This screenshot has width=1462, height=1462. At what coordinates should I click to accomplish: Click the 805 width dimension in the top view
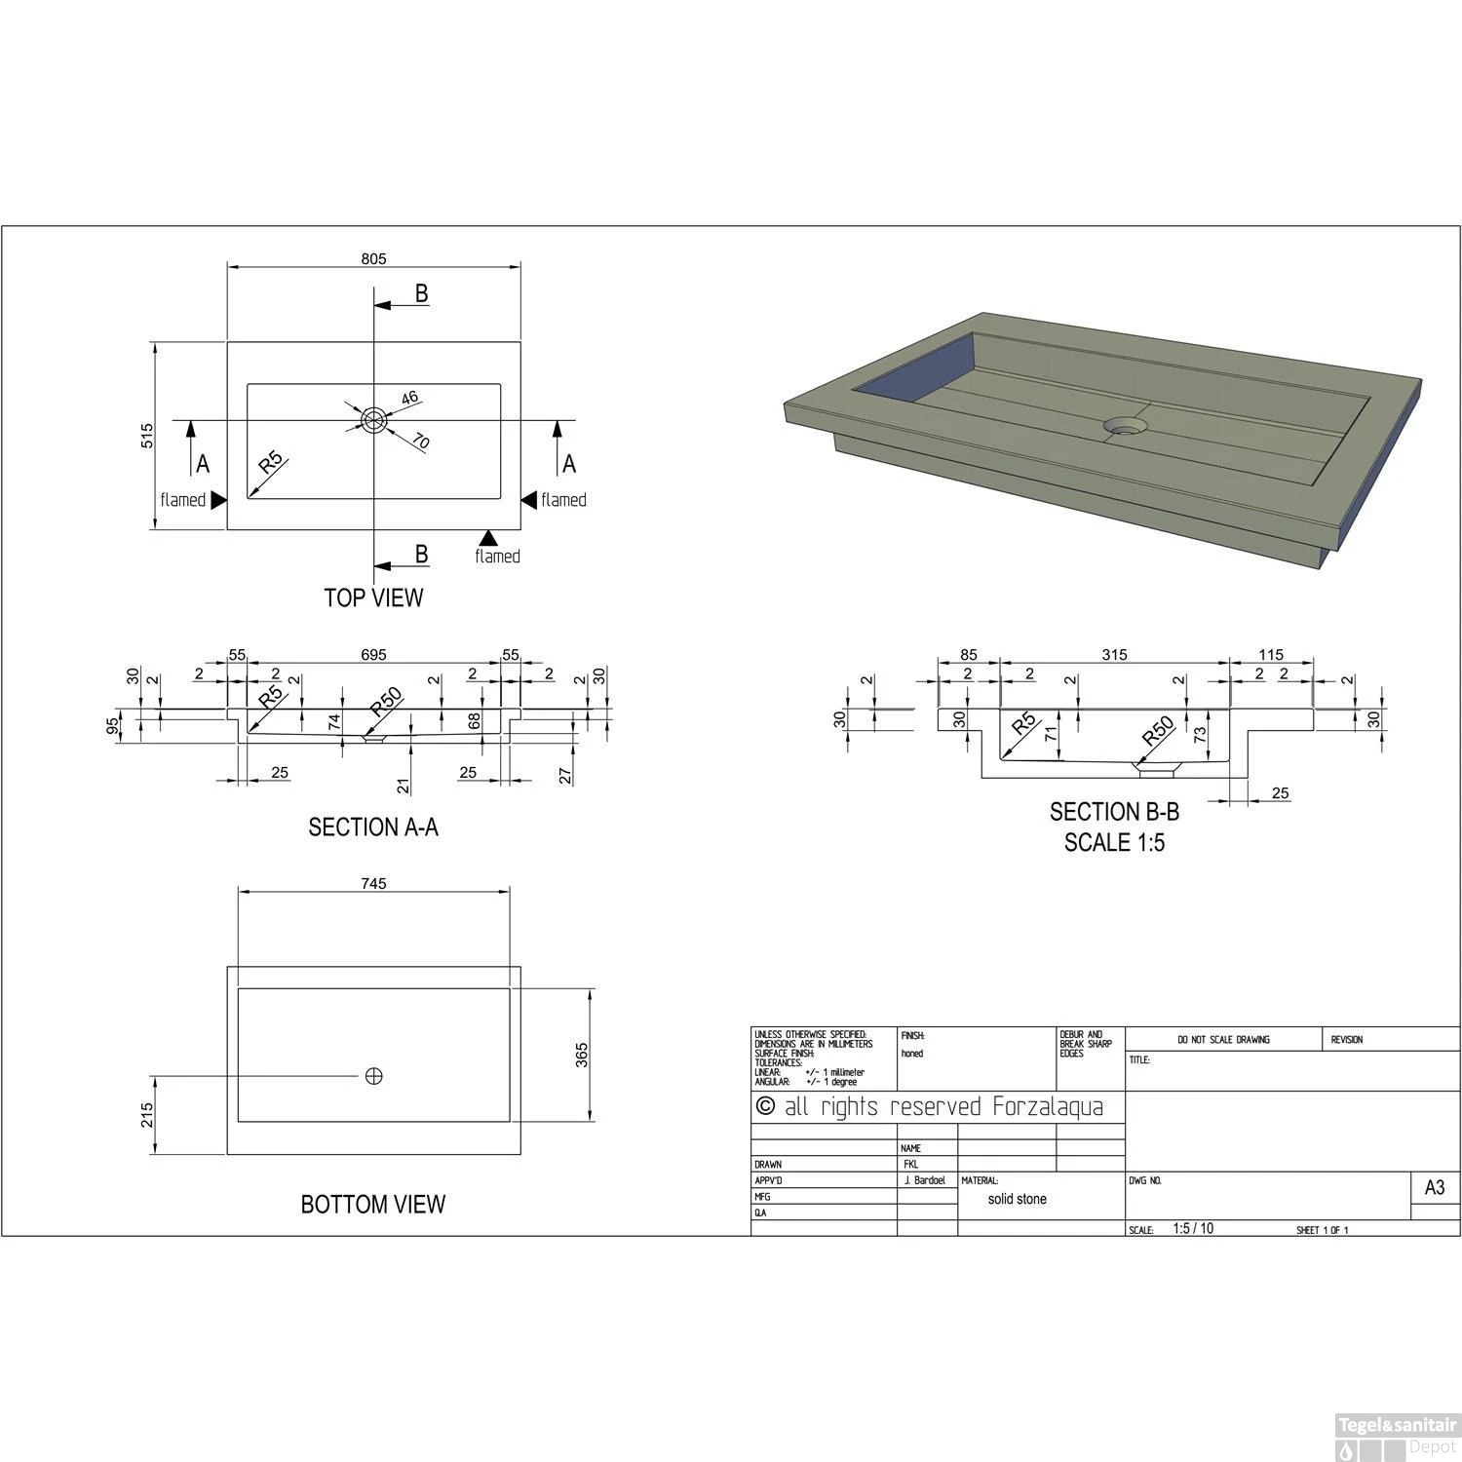(373, 259)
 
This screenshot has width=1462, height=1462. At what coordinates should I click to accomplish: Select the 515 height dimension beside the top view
(147, 435)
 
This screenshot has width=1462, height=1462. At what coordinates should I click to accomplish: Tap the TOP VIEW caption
(373, 597)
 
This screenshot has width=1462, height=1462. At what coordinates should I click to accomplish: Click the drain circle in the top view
(373, 420)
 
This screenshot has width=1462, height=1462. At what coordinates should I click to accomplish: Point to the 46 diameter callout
(408, 398)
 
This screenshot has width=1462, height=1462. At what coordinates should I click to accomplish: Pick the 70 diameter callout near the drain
(420, 442)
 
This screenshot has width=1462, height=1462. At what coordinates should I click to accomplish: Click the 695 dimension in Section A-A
(373, 655)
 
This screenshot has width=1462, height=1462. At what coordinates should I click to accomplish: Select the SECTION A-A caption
(373, 827)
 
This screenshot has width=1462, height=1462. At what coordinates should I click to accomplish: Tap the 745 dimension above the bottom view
(373, 884)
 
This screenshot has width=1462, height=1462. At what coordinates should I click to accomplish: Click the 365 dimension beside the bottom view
(583, 1055)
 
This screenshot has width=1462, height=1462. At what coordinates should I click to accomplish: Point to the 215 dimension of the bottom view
(147, 1114)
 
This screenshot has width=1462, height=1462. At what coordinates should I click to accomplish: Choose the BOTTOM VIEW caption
(373, 1205)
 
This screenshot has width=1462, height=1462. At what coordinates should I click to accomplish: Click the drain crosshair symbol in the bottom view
(373, 1076)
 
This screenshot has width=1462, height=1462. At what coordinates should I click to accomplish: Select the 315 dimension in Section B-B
(1114, 655)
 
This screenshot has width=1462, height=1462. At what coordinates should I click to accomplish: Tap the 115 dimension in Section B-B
(1271, 655)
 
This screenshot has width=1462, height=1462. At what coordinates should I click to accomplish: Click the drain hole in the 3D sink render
(1126, 427)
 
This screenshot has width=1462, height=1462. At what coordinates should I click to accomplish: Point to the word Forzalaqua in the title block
(1048, 1107)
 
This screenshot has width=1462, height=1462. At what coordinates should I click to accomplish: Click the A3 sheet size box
(1435, 1188)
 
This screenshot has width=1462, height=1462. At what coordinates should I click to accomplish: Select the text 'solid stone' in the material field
(1017, 1200)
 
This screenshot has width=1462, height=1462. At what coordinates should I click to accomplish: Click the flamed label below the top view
(497, 557)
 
